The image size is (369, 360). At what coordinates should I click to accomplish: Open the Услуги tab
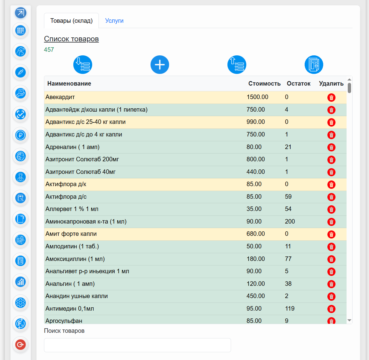pyautogui.click(x=114, y=20)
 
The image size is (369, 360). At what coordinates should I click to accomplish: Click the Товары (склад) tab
pyautogui.click(x=71, y=20)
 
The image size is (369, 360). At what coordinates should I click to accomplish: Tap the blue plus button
pyautogui.click(x=160, y=65)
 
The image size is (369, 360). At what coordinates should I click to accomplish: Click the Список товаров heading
pyautogui.click(x=71, y=39)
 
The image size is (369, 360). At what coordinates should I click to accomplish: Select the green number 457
pyautogui.click(x=49, y=50)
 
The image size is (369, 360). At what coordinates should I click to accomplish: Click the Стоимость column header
pyautogui.click(x=264, y=83)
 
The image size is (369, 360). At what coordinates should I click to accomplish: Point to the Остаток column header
pyautogui.click(x=298, y=83)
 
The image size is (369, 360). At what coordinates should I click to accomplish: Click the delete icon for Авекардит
pyautogui.click(x=331, y=98)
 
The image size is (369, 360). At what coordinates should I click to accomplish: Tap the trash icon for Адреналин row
pyautogui.click(x=331, y=147)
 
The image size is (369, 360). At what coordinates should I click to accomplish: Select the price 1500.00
pyautogui.click(x=257, y=97)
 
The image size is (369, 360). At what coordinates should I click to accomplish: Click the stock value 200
pyautogui.click(x=290, y=221)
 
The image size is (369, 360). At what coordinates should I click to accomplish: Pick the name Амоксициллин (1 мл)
pyautogui.click(x=75, y=259)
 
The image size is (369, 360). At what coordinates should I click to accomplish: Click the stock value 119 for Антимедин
pyautogui.click(x=290, y=309)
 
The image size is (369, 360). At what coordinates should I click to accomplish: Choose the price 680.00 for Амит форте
pyautogui.click(x=256, y=234)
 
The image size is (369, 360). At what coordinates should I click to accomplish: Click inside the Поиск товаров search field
pyautogui.click(x=137, y=345)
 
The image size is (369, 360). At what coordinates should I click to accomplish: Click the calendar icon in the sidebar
pyautogui.click(x=20, y=30)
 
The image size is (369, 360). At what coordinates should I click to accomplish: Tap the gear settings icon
pyautogui.click(x=20, y=303)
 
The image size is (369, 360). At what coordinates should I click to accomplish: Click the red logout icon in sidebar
pyautogui.click(x=20, y=344)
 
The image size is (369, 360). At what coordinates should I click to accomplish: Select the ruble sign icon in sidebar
pyautogui.click(x=20, y=135)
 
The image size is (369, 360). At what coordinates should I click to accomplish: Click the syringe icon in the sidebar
pyautogui.click(x=20, y=72)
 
